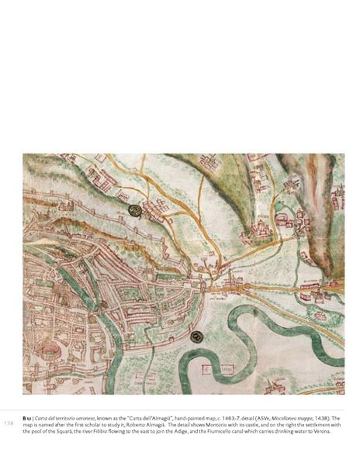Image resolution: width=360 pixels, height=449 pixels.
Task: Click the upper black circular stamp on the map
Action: tap(135, 210)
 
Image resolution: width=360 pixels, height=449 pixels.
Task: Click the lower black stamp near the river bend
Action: tap(196, 336)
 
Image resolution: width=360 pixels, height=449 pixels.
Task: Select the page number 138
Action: tap(10, 423)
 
